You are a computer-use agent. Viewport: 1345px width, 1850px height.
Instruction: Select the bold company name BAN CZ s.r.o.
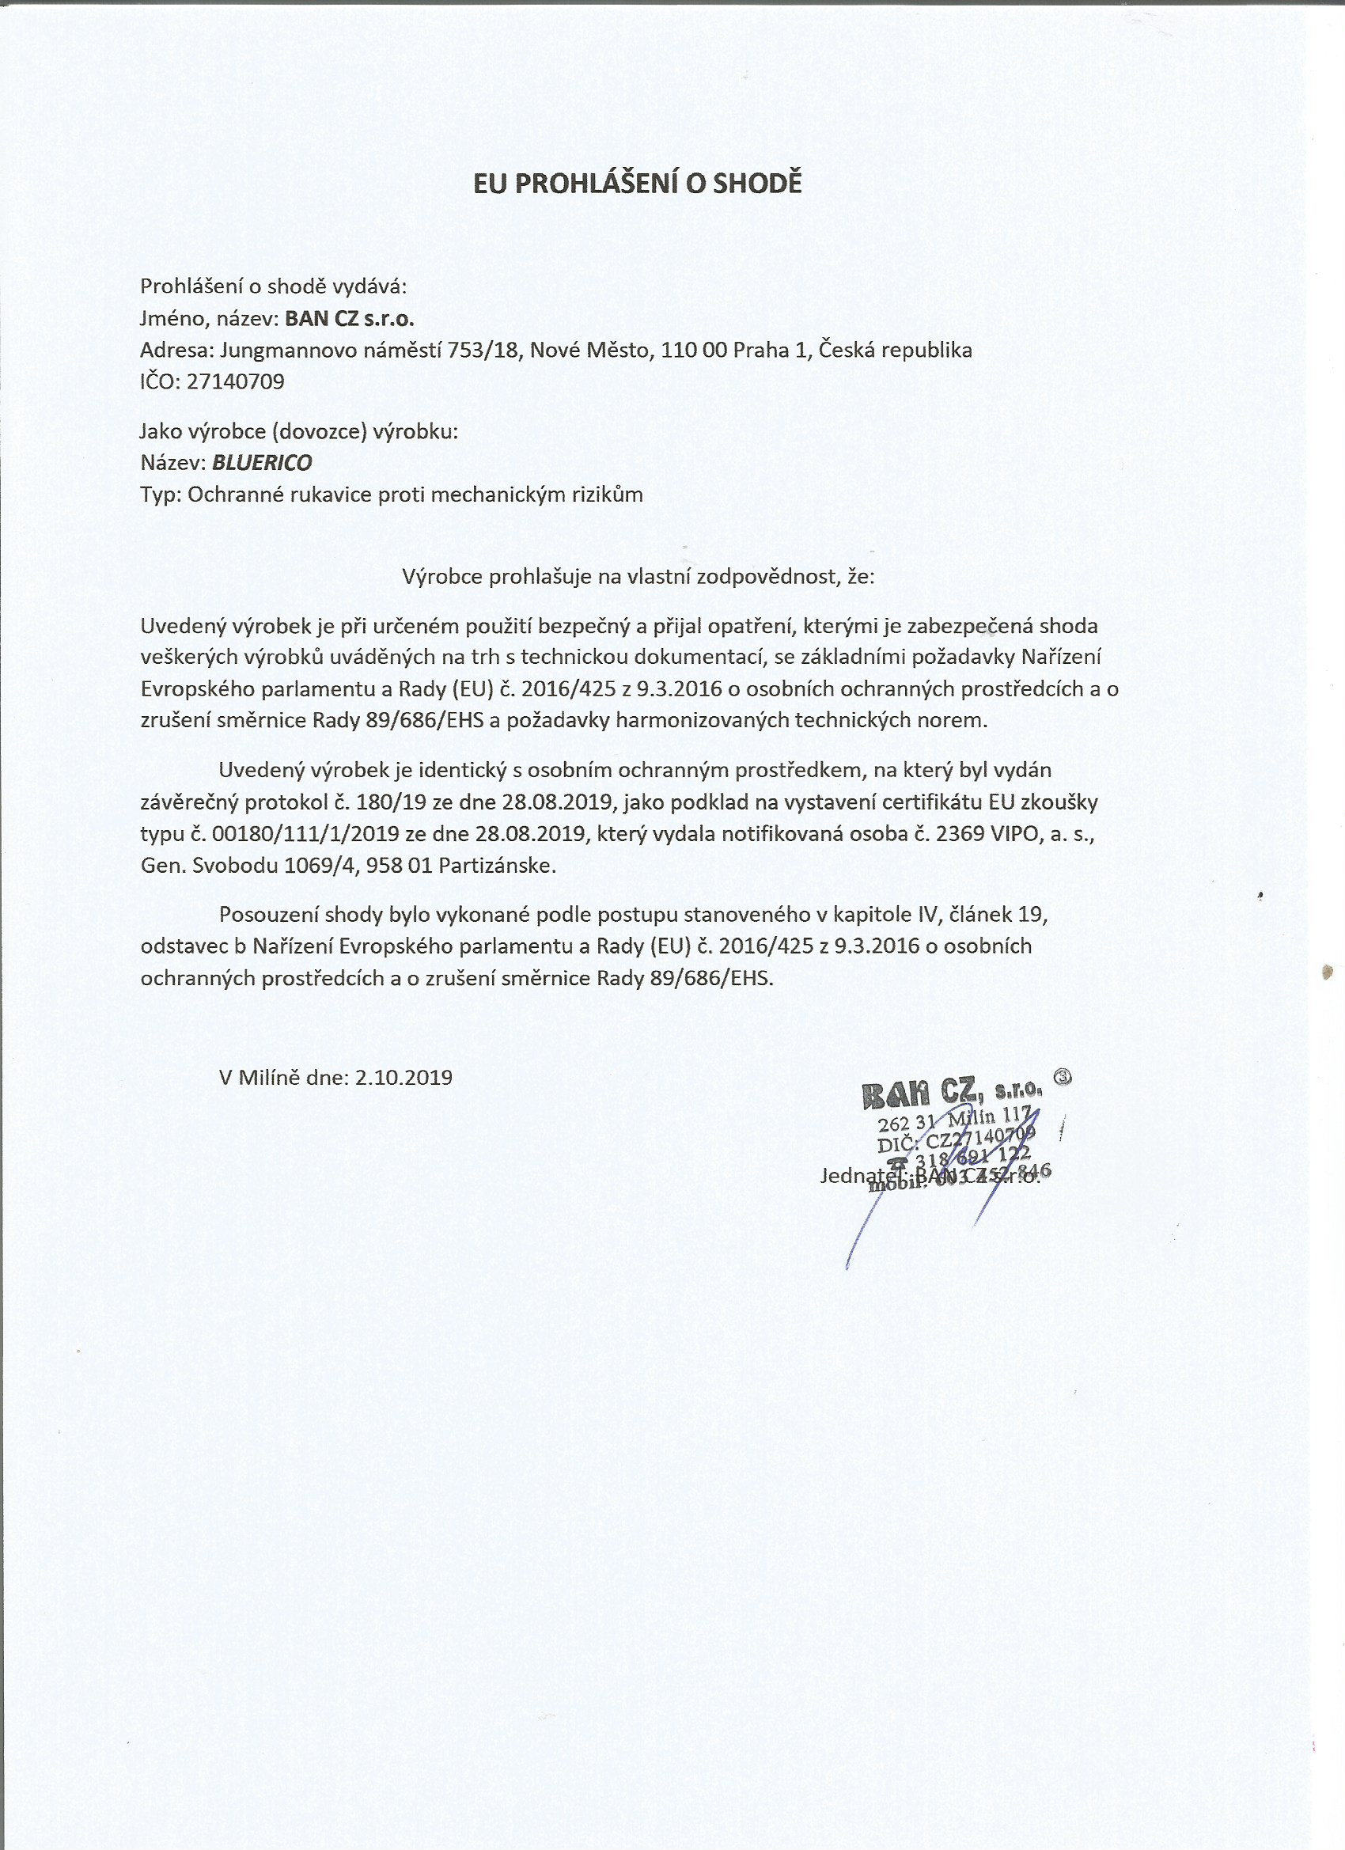pyautogui.click(x=349, y=318)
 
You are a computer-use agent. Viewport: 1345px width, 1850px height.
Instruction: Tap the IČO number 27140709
pyautogui.click(x=236, y=381)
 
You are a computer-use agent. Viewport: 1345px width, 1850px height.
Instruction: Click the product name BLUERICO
pyautogui.click(x=262, y=462)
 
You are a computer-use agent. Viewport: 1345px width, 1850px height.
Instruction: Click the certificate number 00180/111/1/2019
pyautogui.click(x=305, y=834)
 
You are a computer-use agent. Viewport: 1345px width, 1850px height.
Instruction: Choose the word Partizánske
pyautogui.click(x=497, y=866)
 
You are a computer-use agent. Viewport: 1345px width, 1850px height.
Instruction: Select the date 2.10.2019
pyautogui.click(x=403, y=1078)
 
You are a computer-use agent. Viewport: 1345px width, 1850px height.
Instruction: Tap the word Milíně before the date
pyautogui.click(x=269, y=1078)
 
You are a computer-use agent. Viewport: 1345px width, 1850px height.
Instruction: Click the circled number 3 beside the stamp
pyautogui.click(x=1063, y=1076)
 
